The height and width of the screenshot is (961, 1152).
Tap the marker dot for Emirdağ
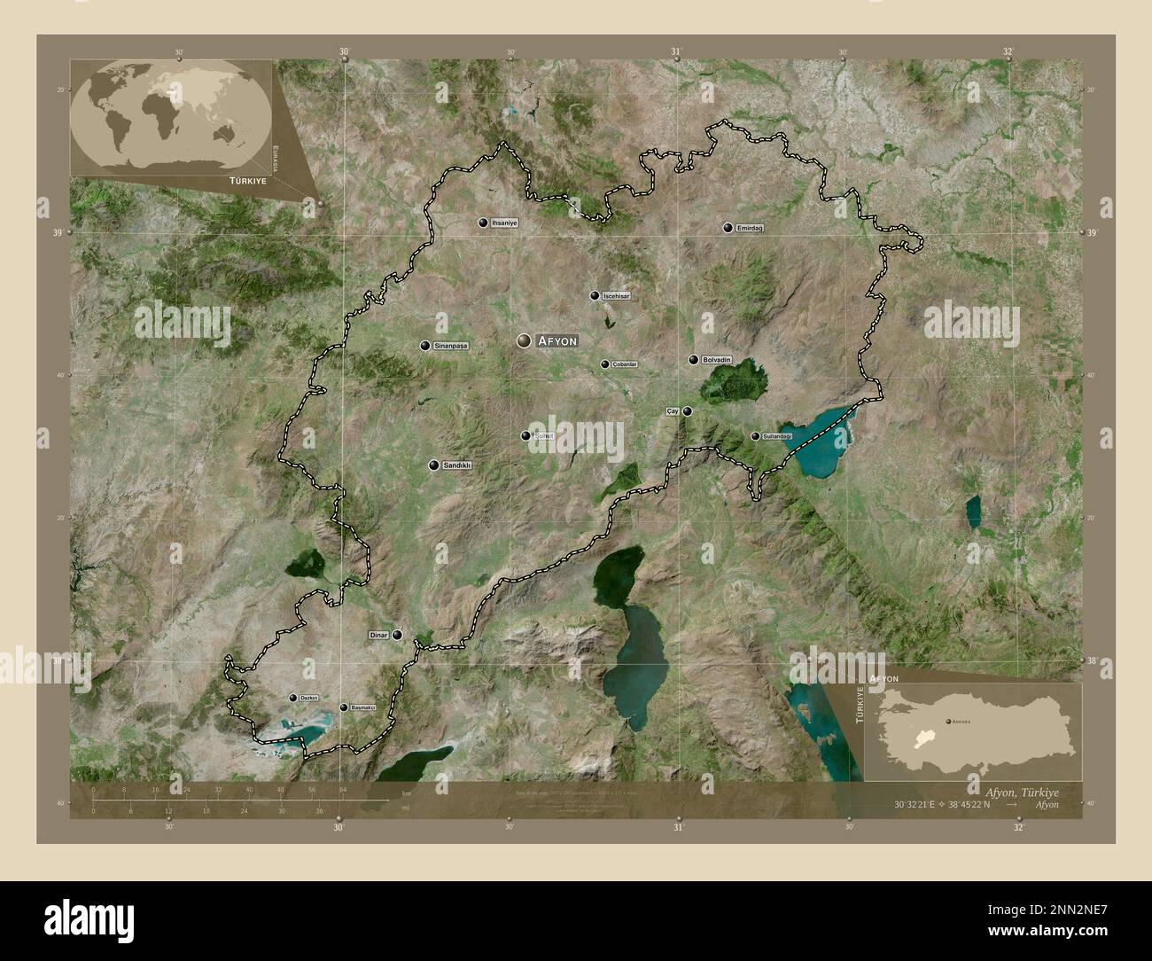728,228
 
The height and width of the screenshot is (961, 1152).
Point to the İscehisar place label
616,295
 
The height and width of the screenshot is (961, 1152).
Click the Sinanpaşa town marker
426,346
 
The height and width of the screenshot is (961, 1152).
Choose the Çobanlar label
626,364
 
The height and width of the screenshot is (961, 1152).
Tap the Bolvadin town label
717,360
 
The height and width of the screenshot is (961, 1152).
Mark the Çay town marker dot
687,411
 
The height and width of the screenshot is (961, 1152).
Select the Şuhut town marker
526,436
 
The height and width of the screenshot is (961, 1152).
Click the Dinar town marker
398,635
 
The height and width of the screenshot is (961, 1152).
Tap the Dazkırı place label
309,699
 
